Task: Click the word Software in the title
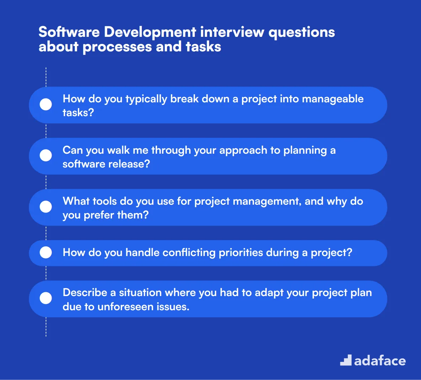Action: [x=69, y=32]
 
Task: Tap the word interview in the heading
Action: [x=232, y=32]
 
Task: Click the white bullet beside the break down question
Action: [x=46, y=104]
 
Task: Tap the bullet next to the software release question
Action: [x=46, y=155]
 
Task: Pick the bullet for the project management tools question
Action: [x=46, y=207]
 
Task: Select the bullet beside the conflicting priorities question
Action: [x=46, y=253]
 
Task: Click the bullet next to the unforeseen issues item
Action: [x=46, y=298]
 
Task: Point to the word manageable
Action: [x=333, y=99]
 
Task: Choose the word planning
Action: [x=305, y=151]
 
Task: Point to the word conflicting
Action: [x=189, y=253]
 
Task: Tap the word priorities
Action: [x=241, y=253]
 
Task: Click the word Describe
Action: [x=85, y=293]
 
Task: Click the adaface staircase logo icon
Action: [x=346, y=360]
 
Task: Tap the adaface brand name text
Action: [x=380, y=361]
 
